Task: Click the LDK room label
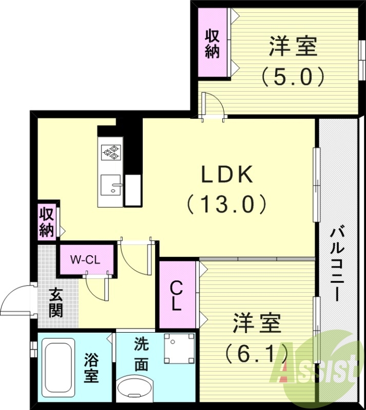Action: pyautogui.click(x=226, y=175)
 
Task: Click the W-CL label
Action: pyautogui.click(x=85, y=259)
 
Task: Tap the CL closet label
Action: pyautogui.click(x=177, y=296)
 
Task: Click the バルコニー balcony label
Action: pyautogui.click(x=337, y=264)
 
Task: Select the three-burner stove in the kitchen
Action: pyautogui.click(x=111, y=151)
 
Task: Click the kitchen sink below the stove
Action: pyautogui.click(x=111, y=185)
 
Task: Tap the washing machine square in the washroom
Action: pyautogui.click(x=179, y=349)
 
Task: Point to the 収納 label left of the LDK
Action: pyautogui.click(x=47, y=222)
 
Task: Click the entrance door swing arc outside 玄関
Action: pyautogui.click(x=16, y=300)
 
